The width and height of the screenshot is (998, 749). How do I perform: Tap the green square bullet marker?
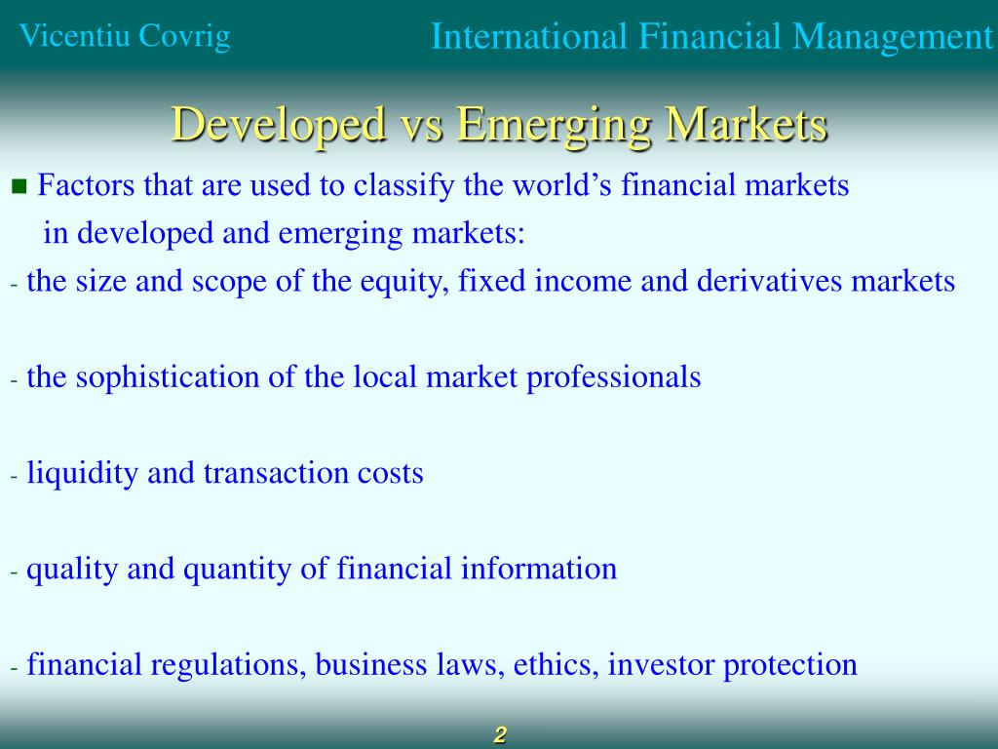18,186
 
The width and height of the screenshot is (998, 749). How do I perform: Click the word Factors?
84,185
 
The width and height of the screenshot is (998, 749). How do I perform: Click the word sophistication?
170,377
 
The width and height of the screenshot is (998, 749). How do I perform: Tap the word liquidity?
83,473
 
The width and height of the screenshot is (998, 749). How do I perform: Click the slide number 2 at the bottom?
500,735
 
